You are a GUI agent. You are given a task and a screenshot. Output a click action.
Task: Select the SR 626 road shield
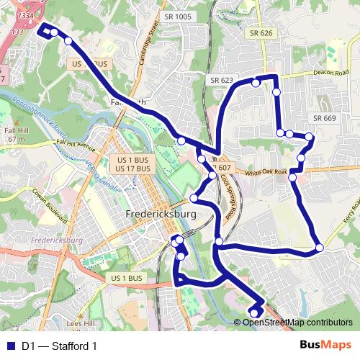[x=261, y=33]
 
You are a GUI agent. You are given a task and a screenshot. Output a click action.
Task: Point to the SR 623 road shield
[x=222, y=80]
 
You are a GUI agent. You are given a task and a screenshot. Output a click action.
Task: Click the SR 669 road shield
[x=325, y=118]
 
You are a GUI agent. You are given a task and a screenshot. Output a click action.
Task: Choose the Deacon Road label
[x=330, y=73]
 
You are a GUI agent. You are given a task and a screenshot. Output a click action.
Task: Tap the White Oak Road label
[x=266, y=173]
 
